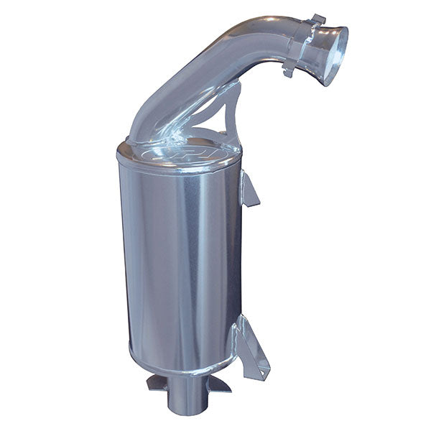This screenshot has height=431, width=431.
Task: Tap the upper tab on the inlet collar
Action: (316, 19)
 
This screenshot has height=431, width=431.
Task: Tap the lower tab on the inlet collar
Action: (289, 71)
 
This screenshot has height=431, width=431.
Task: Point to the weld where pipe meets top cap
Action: (154, 140)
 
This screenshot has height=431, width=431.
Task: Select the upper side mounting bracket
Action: (248, 188)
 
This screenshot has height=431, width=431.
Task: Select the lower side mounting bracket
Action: (250, 348)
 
